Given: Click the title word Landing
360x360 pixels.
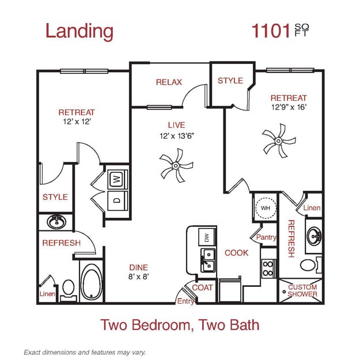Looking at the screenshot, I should (79, 31).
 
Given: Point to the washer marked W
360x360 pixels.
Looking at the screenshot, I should (117, 180).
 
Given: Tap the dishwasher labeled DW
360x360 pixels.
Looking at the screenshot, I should (203, 237).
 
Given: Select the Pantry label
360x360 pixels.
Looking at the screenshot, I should (266, 237).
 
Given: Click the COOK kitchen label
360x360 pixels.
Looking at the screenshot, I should (236, 252).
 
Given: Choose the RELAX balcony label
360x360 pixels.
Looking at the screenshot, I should (169, 82).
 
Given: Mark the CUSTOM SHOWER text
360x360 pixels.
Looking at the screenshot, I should (302, 290).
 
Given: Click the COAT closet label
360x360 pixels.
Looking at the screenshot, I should (202, 287).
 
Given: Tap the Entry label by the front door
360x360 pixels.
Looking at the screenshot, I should (185, 301).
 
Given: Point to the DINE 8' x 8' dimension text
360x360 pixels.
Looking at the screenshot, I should (138, 277).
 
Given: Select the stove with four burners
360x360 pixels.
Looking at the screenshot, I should (268, 268).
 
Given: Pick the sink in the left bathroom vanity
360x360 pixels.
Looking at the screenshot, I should (56, 221).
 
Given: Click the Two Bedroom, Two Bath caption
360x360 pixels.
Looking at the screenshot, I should (180, 324).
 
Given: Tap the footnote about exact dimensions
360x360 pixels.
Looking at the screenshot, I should (84, 351).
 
